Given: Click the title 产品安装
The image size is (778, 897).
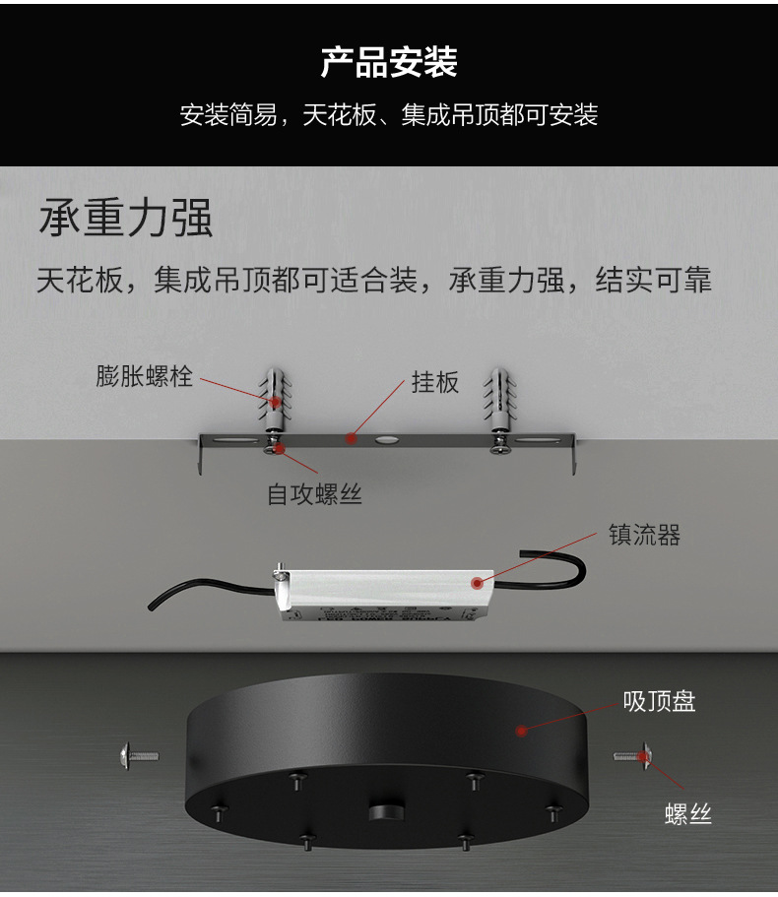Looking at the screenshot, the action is tap(389, 62).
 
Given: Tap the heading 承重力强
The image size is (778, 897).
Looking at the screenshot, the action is tap(126, 218).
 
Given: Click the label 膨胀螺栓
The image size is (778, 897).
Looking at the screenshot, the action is tap(144, 376).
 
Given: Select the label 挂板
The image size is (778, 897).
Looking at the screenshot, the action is tap(434, 382).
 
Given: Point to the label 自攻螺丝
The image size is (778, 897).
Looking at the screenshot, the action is tap(314, 494).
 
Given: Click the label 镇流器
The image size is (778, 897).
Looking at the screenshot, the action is tap(644, 536).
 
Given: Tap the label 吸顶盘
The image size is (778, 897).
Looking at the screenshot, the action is tap(659, 701).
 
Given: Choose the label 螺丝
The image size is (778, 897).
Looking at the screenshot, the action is tap(688, 813).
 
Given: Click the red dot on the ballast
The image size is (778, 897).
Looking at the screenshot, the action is tap(477, 583).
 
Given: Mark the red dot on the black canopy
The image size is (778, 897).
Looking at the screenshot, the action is tap(521, 731).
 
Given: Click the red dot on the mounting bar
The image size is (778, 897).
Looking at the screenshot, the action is tap(352, 439).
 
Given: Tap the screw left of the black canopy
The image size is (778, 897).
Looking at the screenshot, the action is tap(139, 756).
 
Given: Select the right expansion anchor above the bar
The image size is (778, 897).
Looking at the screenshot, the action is tap(499, 401).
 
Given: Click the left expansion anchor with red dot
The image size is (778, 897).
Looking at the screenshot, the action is tap(275, 401).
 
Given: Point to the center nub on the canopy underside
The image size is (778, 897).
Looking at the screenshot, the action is tap(386, 811).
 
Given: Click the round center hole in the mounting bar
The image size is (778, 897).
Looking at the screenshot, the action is tap(386, 440).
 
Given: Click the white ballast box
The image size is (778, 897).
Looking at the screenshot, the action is tap(383, 595).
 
